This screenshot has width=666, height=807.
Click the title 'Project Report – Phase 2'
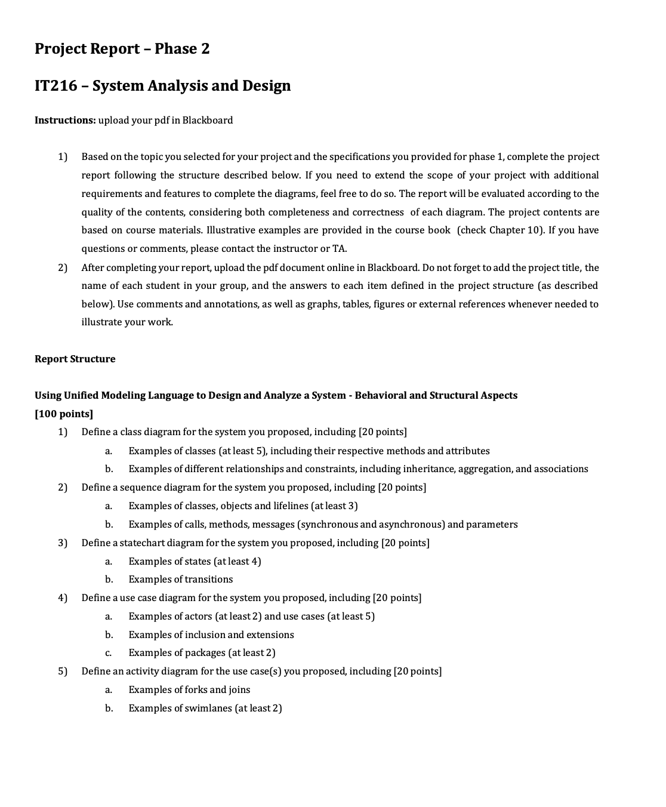(x=122, y=48)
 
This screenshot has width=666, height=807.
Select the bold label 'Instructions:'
(x=64, y=120)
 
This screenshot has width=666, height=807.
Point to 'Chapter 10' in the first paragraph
(x=514, y=230)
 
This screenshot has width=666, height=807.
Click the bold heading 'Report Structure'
(x=75, y=359)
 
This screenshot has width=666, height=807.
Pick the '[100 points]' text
(x=64, y=414)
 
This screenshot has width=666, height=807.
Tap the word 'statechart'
(x=142, y=543)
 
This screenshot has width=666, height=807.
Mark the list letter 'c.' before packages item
(x=109, y=652)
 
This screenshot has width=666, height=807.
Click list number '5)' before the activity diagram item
(x=63, y=671)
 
